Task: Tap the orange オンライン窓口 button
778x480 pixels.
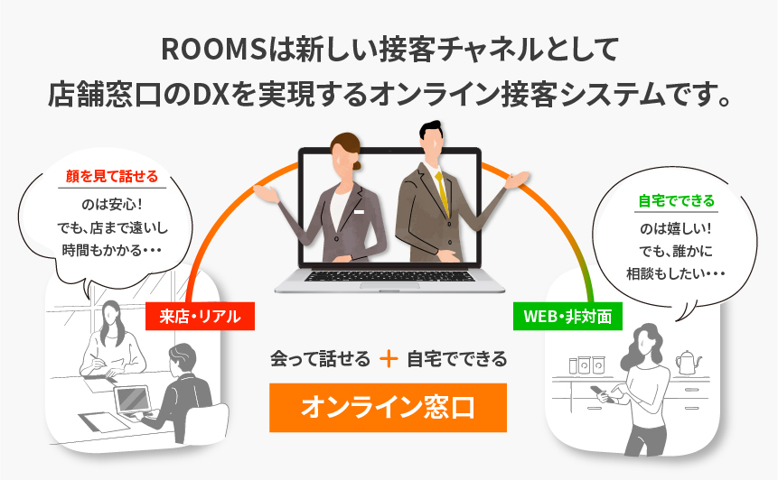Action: [x=388, y=407]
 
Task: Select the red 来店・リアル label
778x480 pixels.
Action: [x=200, y=316]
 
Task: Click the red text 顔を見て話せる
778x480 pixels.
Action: [x=113, y=177]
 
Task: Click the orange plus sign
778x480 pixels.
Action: [x=389, y=358]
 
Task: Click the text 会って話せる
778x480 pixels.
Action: [x=321, y=358]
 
